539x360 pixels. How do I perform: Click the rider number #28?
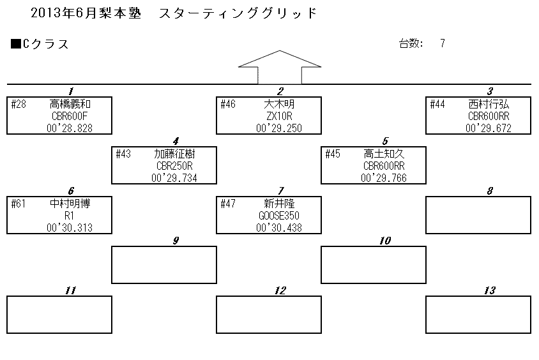tap(19, 104)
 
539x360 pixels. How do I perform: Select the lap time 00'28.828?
tap(70, 128)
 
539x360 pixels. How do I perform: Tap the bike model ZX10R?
tap(279, 116)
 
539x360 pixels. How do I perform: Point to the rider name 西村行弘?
tap(489, 104)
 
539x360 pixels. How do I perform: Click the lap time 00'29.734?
tap(174, 178)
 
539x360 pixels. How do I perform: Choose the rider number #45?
tap(333, 154)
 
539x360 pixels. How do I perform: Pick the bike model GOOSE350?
tap(279, 216)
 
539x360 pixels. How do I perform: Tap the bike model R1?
tap(70, 216)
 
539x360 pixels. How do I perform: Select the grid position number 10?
tap(385, 241)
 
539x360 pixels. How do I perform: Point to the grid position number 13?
tap(490, 290)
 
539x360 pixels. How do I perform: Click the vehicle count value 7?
tap(443, 43)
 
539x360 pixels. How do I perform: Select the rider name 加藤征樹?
tap(174, 154)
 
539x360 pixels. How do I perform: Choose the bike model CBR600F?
tap(70, 116)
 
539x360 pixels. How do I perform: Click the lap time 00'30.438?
tap(279, 228)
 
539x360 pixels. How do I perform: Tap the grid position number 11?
tap(70, 290)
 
